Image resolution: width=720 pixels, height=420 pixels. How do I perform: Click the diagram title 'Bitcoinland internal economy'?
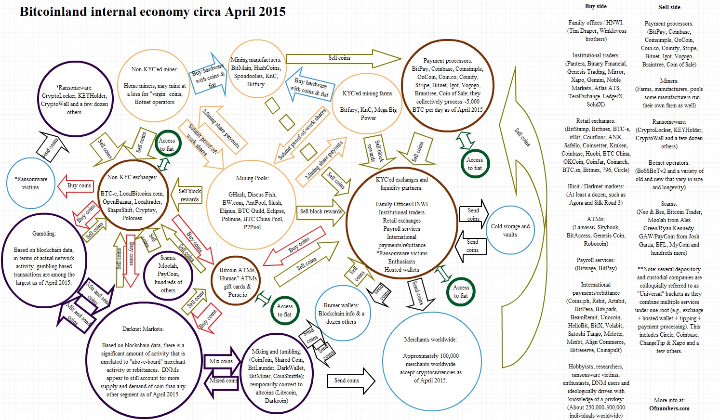pyautogui.click(x=152, y=12)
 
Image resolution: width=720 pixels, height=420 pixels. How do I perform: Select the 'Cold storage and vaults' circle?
pyautogui.click(x=510, y=230)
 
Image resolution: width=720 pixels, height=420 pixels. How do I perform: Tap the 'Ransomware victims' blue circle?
pyautogui.click(x=31, y=183)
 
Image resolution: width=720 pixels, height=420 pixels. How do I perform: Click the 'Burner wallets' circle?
pyautogui.click(x=341, y=313)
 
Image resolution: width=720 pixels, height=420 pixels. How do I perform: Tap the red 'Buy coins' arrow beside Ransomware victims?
pyautogui.click(x=77, y=185)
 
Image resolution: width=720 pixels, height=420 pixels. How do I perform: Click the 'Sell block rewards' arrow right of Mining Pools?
pyautogui.click(x=320, y=211)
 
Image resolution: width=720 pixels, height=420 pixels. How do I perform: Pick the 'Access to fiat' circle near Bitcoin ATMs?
pyautogui.click(x=284, y=310)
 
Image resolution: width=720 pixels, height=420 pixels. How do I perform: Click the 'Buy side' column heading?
pyautogui.click(x=596, y=6)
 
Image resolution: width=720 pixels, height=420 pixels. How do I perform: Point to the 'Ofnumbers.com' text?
pyautogui.click(x=669, y=408)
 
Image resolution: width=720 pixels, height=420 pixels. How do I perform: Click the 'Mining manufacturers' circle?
pyautogui.click(x=255, y=71)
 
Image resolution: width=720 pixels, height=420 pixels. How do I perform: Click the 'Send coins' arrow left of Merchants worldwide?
pyautogui.click(x=350, y=381)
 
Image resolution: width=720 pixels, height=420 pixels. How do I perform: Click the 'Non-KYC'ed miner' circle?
pyautogui.click(x=154, y=86)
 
